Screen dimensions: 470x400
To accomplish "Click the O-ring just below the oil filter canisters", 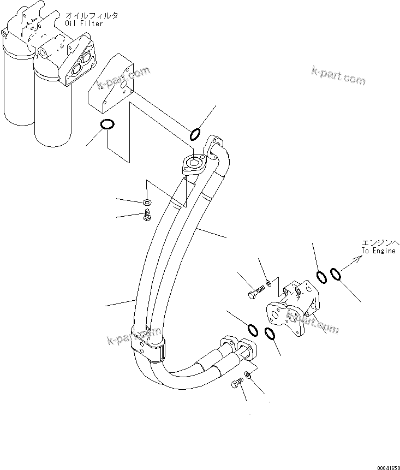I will click(108, 125).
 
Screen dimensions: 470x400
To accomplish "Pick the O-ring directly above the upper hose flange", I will click(195, 134).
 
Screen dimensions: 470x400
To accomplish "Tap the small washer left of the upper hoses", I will click(147, 203).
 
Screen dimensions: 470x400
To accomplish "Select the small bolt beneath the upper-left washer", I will click(146, 217).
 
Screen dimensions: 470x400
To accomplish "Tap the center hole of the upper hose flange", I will click(194, 163).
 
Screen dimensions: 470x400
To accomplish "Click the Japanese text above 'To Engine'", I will click(380, 242).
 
